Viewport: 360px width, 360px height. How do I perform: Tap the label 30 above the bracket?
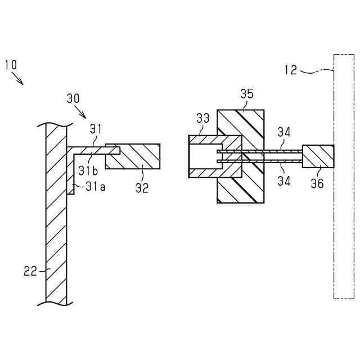[x=73, y=98]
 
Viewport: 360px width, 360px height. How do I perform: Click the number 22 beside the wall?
[x=30, y=271]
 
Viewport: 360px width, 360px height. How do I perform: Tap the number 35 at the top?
[x=247, y=94]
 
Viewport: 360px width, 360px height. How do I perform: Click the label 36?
[x=317, y=183]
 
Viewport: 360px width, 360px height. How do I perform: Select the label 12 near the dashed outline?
[x=291, y=70]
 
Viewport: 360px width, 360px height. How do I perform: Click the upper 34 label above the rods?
[x=284, y=133]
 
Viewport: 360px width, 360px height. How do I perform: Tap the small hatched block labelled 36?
[x=318, y=156]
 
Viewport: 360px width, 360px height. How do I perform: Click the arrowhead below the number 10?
[x=22, y=83]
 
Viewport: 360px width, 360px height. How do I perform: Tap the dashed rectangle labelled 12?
[x=343, y=225]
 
